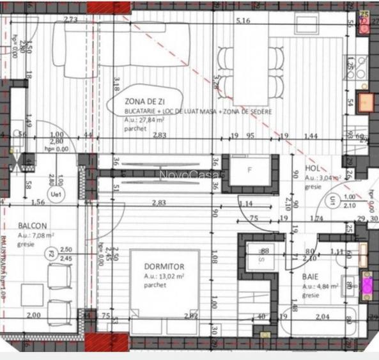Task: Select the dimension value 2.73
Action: [71, 20]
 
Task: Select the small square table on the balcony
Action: [33, 295]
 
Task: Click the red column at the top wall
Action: [109, 7]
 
